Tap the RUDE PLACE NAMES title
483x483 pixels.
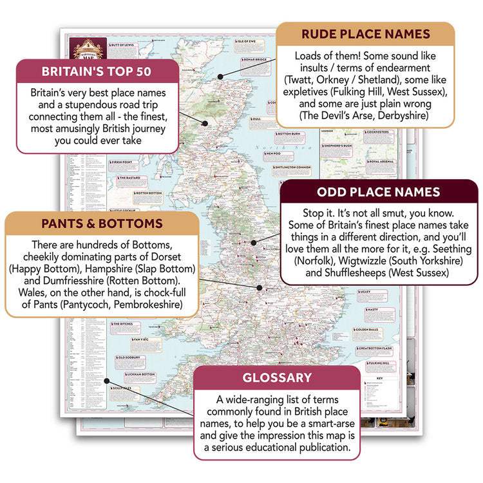[365, 33]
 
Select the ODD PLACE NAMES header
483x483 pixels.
[378, 192]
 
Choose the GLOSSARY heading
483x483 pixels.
[277, 378]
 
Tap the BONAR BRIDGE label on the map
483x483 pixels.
[257, 61]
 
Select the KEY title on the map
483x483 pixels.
[379, 378]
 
